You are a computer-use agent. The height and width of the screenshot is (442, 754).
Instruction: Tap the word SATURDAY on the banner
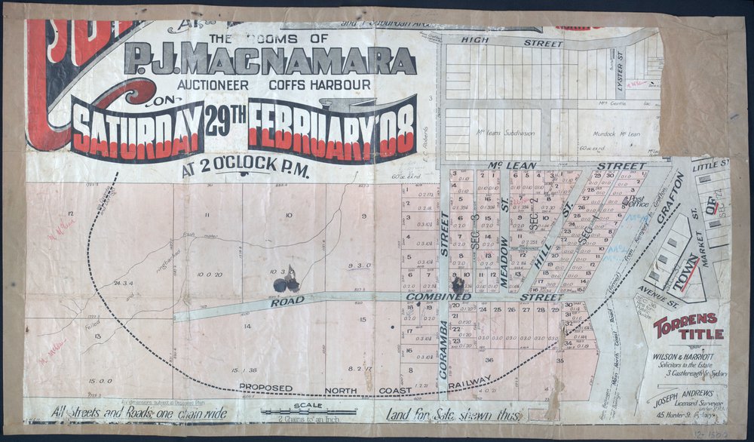137,129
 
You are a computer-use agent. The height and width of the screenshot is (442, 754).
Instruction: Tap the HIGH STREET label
538,44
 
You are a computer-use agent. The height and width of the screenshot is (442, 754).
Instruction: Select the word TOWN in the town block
686,272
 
